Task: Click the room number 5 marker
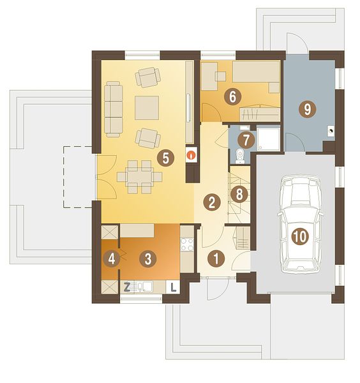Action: click(165, 158)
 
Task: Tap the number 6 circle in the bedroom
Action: click(232, 97)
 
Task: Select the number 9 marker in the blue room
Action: click(308, 109)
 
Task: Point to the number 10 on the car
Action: click(300, 236)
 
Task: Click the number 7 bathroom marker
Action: click(246, 140)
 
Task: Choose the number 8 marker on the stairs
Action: click(239, 195)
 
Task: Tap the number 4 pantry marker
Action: click(112, 259)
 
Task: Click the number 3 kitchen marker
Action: click(147, 259)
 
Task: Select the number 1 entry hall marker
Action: click(216, 259)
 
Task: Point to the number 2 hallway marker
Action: click(211, 202)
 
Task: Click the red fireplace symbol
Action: click(191, 154)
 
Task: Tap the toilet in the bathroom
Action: click(239, 156)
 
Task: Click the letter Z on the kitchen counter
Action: click(126, 287)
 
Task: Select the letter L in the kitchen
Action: click(173, 287)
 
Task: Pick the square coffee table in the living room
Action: click(147, 108)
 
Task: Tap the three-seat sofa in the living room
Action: click(114, 109)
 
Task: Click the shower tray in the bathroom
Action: click(268, 139)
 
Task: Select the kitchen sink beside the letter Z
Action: click(145, 287)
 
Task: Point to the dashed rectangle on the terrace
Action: click(78, 177)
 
